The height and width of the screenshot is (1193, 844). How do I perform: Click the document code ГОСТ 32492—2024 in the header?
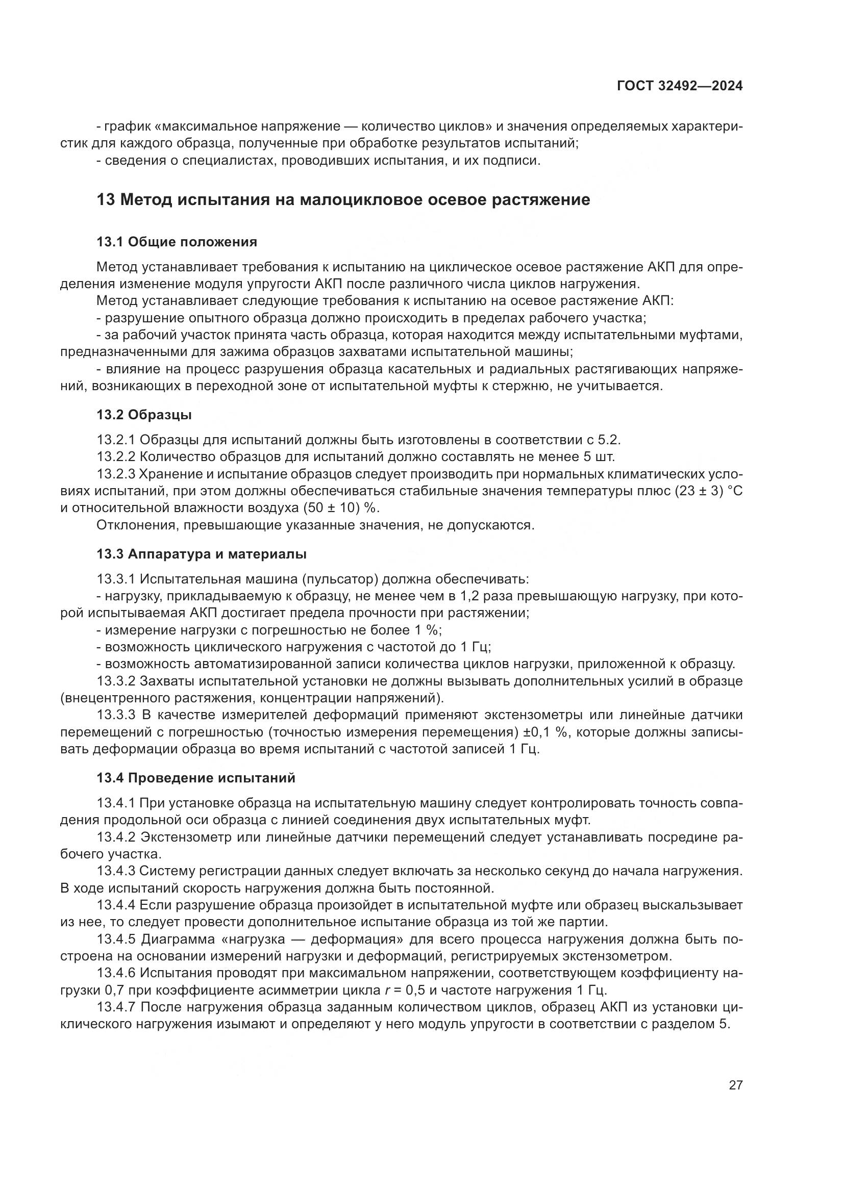point(679,86)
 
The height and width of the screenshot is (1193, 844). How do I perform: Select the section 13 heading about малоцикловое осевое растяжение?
point(343,199)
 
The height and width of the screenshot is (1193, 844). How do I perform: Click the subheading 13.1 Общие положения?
point(177,242)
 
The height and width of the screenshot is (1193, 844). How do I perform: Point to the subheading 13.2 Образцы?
point(144,415)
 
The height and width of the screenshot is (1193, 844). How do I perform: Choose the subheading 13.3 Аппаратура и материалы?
point(201,554)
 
